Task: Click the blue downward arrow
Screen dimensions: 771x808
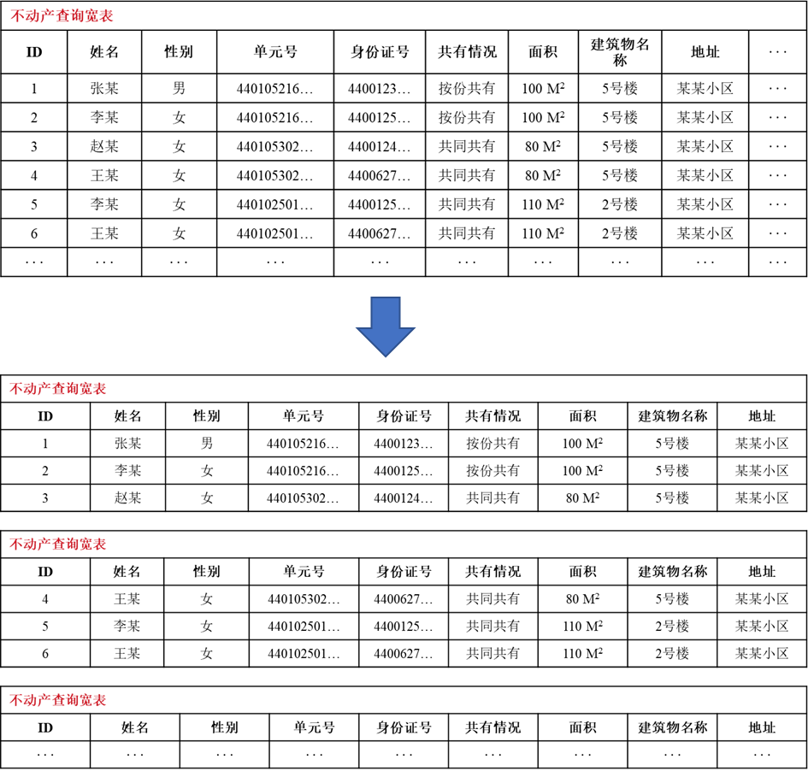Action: [386, 326]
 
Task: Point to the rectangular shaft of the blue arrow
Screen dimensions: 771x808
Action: [386, 312]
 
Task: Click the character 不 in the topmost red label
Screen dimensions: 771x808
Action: [18, 16]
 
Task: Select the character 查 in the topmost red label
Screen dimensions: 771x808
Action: [62, 16]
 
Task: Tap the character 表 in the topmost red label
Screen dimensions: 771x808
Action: [105, 16]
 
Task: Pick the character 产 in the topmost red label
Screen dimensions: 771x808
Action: [47, 16]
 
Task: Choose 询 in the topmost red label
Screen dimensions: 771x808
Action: [76, 16]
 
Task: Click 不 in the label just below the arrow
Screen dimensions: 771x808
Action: [16, 389]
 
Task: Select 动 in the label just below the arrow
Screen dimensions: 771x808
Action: [30, 389]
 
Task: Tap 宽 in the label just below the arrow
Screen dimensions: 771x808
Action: [86, 389]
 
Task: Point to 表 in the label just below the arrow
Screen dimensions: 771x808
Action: [99, 389]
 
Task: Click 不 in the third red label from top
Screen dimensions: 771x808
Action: [16, 544]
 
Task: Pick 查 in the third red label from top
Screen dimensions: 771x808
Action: [58, 544]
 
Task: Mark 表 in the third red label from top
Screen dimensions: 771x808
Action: [99, 544]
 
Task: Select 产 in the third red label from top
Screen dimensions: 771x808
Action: [44, 544]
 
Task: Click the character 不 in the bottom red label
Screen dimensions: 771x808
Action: [16, 701]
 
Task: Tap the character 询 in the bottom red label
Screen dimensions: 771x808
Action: [72, 701]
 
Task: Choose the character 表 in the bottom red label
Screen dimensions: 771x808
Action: [99, 701]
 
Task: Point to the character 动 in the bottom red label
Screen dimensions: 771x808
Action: [30, 701]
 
